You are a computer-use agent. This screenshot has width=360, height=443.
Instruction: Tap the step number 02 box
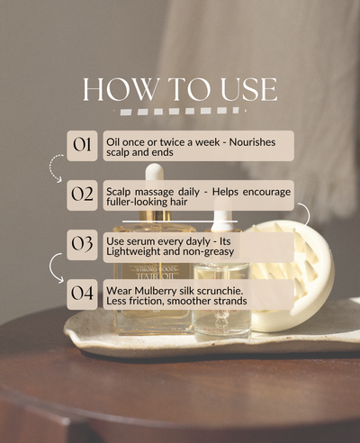coord(82,195)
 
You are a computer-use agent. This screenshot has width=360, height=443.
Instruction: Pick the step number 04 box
coord(82,294)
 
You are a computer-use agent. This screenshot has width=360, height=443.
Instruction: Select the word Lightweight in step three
coord(137,252)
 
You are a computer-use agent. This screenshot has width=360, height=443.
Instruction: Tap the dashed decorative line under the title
coord(181,112)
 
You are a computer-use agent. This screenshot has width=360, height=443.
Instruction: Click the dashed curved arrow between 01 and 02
coord(56,168)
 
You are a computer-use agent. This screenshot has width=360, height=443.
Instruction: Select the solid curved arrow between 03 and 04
coord(55,267)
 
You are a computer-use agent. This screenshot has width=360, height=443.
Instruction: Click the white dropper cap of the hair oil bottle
coord(155,173)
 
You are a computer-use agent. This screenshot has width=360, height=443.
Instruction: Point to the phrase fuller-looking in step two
coord(136,203)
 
